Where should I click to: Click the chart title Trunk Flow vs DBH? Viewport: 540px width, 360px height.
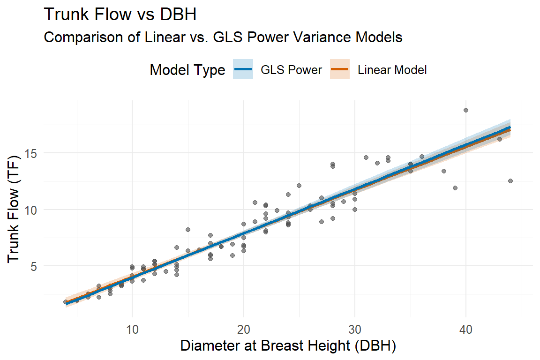(120, 15)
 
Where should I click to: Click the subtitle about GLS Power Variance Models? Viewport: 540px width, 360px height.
(223, 37)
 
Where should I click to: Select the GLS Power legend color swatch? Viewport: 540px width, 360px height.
(243, 70)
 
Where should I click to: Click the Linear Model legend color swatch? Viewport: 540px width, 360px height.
(340, 70)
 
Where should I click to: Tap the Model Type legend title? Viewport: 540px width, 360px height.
(187, 70)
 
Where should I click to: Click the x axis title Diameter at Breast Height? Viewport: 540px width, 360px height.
(288, 346)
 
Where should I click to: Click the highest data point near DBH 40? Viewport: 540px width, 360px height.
(466, 110)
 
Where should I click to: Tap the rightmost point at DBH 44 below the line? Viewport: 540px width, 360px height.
(510, 181)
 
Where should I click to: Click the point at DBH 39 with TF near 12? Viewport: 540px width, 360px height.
(455, 188)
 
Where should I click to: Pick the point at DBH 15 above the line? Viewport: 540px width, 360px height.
(188, 230)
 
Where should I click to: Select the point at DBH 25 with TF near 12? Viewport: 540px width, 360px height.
(299, 186)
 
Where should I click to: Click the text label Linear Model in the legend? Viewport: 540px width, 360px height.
(392, 70)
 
